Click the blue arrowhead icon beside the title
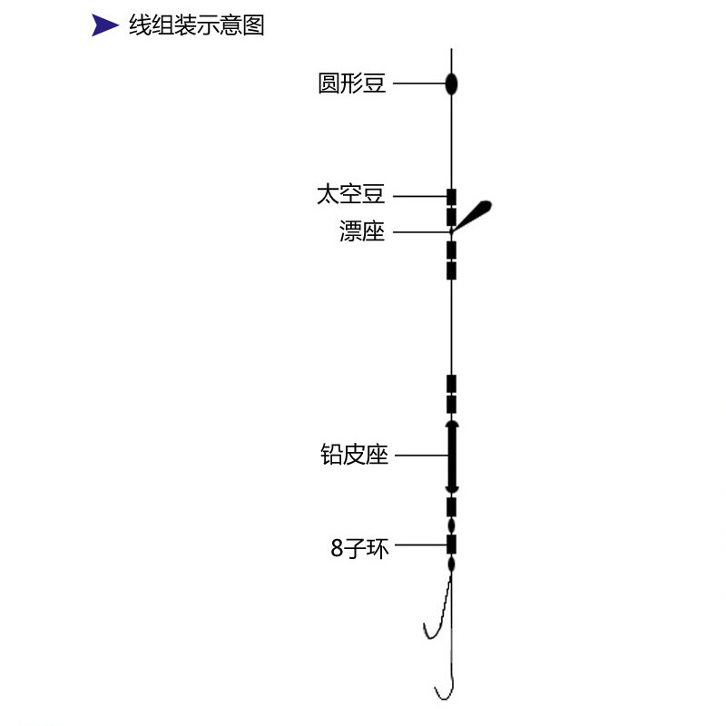pyautogui.click(x=105, y=26)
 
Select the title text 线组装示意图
pyautogui.click(x=196, y=25)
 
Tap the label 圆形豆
pyautogui.click(x=352, y=84)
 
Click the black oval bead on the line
pyautogui.click(x=451, y=85)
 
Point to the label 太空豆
pyautogui.click(x=351, y=195)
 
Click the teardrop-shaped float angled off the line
pyautogui.click(x=474, y=213)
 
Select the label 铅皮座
pyautogui.click(x=355, y=455)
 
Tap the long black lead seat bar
pyautogui.click(x=451, y=456)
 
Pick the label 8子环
pyautogui.click(x=359, y=547)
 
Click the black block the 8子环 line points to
pyautogui.click(x=451, y=544)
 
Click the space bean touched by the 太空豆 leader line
pyautogui.click(x=451, y=196)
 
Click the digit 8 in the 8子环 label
pyautogui.click(x=337, y=548)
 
